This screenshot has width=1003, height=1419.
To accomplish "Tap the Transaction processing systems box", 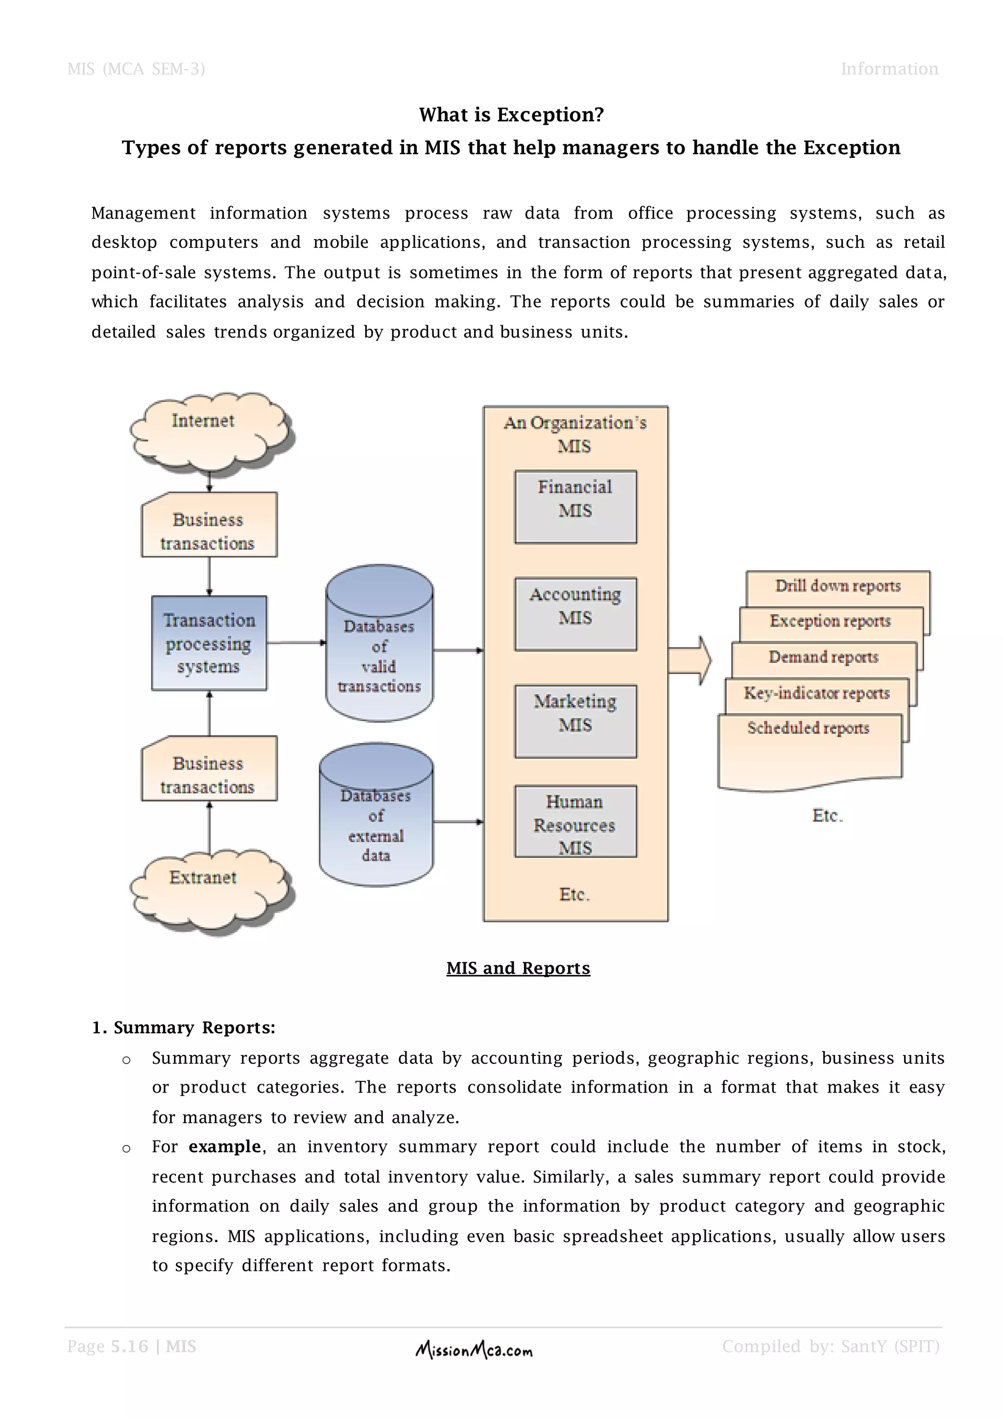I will click(209, 643).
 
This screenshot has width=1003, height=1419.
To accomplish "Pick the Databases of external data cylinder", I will click(376, 822).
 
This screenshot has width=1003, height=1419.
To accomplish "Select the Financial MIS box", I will click(575, 506).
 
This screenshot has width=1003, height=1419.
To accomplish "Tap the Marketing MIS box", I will click(575, 721).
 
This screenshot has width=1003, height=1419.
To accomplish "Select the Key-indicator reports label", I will click(816, 693).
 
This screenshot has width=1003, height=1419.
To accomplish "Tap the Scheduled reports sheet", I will click(809, 751).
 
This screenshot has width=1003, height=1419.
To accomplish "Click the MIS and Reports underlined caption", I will click(518, 968).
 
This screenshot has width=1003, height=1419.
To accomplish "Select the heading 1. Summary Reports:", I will click(184, 1027).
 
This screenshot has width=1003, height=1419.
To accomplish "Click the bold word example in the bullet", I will click(225, 1147).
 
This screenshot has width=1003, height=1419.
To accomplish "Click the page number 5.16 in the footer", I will click(130, 1346).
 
